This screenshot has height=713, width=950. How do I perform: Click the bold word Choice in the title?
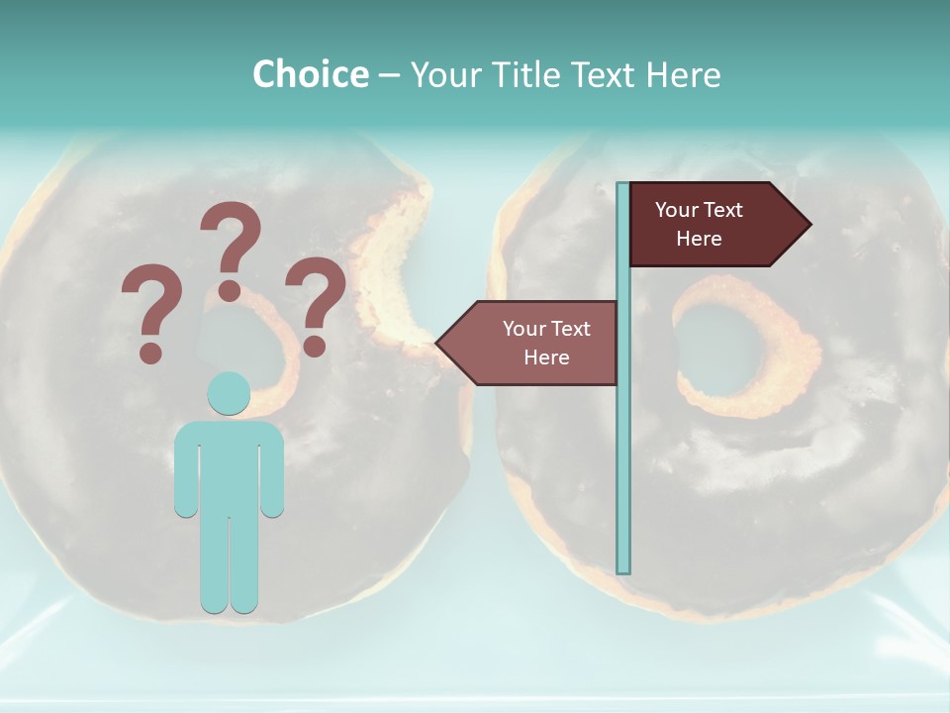point(310,74)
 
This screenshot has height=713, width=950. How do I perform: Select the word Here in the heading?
point(683,74)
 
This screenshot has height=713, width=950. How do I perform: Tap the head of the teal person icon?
point(229,393)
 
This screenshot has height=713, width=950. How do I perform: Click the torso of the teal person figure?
point(229,465)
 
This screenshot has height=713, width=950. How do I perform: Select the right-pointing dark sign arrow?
point(712,224)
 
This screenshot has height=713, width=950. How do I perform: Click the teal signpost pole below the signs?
point(623,475)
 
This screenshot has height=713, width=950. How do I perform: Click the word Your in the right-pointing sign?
point(677,210)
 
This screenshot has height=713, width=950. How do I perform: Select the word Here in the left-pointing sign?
point(546,357)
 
